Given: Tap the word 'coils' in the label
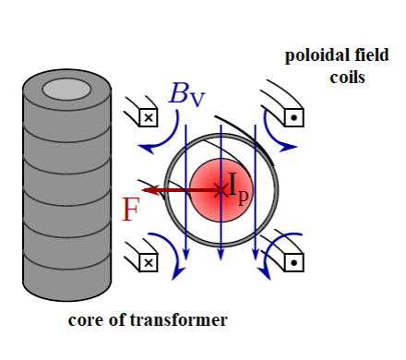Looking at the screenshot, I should (x=347, y=76).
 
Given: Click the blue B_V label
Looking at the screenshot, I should (x=186, y=95).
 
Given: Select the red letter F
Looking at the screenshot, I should (x=131, y=210).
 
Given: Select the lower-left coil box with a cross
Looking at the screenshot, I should (x=147, y=262).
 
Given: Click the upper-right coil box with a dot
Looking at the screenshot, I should (x=293, y=117).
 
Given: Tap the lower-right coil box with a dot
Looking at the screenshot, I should (x=293, y=262).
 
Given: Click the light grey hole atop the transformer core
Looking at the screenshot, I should (x=66, y=90).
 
